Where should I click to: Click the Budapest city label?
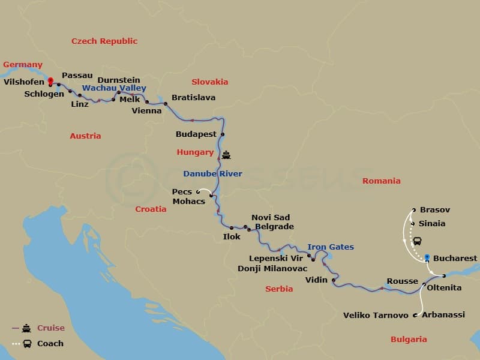coord(196,134)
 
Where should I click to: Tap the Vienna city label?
coord(147,110)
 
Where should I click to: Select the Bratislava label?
coord(193,97)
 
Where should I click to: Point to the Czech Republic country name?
coord(104,41)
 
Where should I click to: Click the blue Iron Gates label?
coord(331,247)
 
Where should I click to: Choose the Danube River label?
coord(213,174)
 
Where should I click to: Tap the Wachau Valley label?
coord(114,88)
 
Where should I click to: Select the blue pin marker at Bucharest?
coord(427,257)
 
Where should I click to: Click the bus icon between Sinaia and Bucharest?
coord(417,241)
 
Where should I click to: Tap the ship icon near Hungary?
coord(226,154)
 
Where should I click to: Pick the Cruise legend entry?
coord(50,328)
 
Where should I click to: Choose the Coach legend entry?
coord(50,344)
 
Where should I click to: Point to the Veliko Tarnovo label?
coord(376,315)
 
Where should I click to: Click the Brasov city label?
coord(435,210)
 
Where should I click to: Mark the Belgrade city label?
coord(274,227)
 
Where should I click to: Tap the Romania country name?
coord(381,181)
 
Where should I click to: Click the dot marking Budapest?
coord(223,134)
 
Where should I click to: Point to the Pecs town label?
coord(182,192)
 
